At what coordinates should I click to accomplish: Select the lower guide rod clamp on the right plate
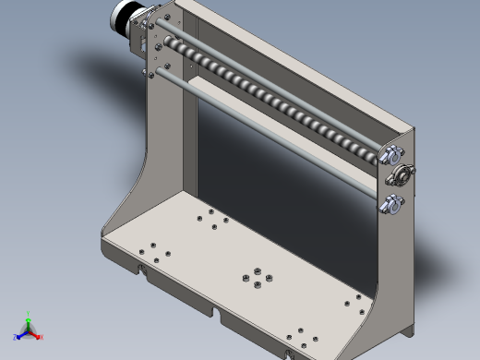[x=390, y=204]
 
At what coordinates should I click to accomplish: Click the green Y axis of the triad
[x=29, y=318]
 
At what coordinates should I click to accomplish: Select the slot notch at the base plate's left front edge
[x=143, y=270]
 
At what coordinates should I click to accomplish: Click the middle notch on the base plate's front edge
[x=219, y=314]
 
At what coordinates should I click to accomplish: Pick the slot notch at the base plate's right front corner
[x=292, y=352]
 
